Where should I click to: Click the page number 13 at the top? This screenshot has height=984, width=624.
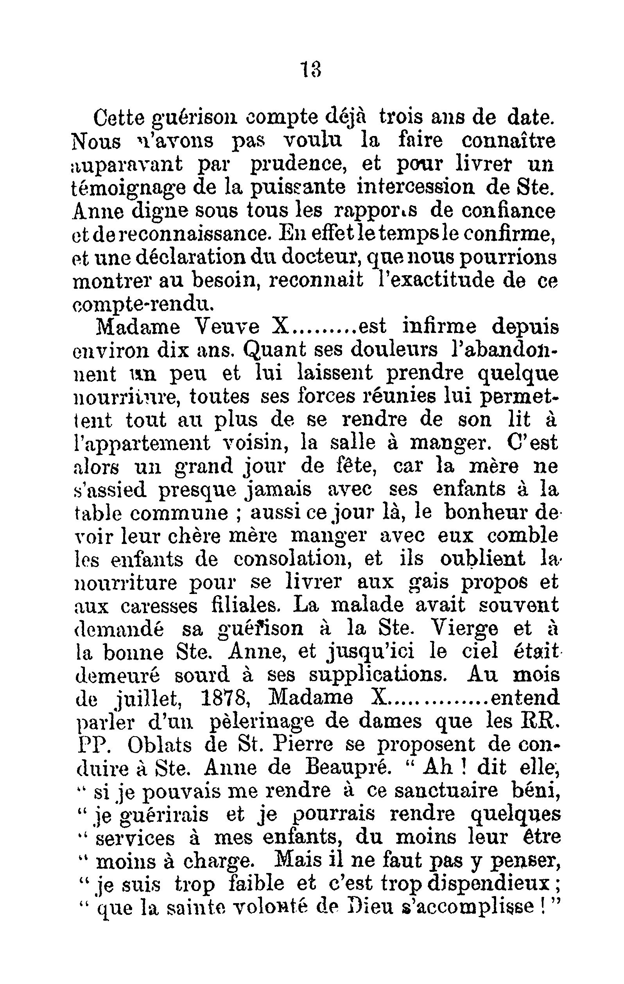tap(311, 70)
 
